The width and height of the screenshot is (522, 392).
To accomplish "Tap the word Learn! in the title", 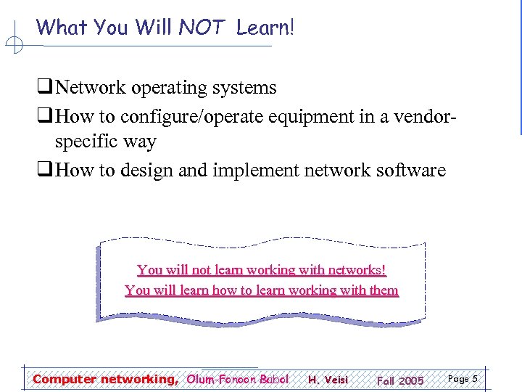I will coord(265,28).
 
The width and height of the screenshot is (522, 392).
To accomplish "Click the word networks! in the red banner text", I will coord(357,270).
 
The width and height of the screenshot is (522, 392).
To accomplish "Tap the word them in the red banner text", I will coord(384,290).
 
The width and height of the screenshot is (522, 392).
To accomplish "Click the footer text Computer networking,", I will coord(105,379).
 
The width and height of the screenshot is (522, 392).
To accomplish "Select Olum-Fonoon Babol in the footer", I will coord(238,379).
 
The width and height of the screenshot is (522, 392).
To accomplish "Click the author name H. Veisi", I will coord(328,380).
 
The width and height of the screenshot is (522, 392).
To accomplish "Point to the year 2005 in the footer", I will coord(411,380).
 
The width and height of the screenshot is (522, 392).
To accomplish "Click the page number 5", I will coord(474,379).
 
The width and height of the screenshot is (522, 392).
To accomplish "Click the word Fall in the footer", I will coord(385,380).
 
